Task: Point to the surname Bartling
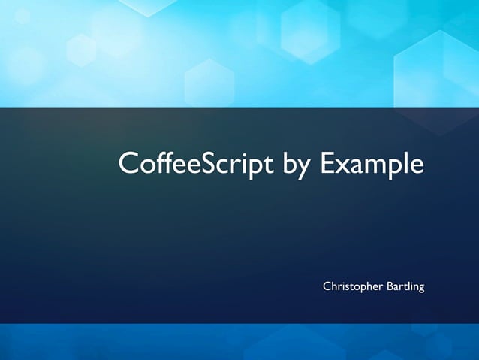pyautogui.click(x=405, y=287)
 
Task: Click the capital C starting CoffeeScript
pyautogui.click(x=128, y=164)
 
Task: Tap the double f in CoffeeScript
pyautogui.click(x=164, y=162)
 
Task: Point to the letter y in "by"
pyautogui.click(x=305, y=168)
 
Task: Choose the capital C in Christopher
pyautogui.click(x=327, y=286)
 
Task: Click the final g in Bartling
pyautogui.click(x=421, y=289)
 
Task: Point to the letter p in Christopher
pyautogui.click(x=358, y=289)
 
